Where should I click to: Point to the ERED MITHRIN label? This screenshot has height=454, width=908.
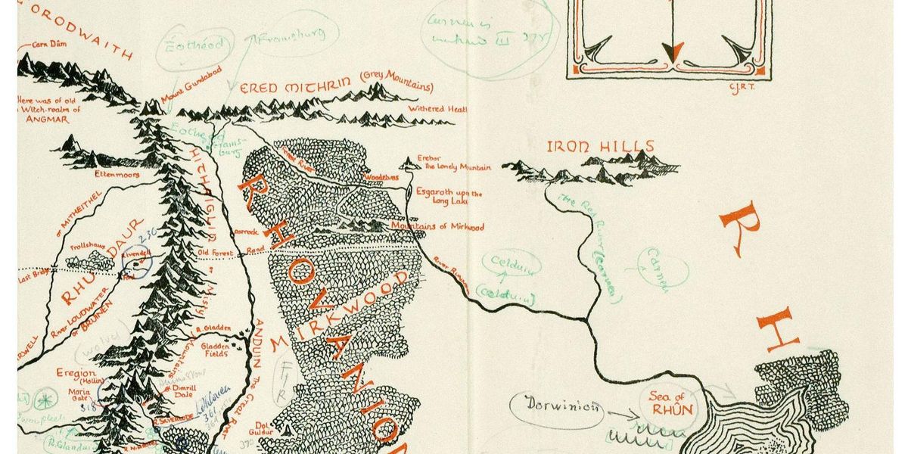pyautogui.click(x=288, y=88)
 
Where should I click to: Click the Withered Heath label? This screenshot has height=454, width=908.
pyautogui.click(x=437, y=109)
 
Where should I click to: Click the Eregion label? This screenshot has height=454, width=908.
pyautogui.click(x=75, y=373)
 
